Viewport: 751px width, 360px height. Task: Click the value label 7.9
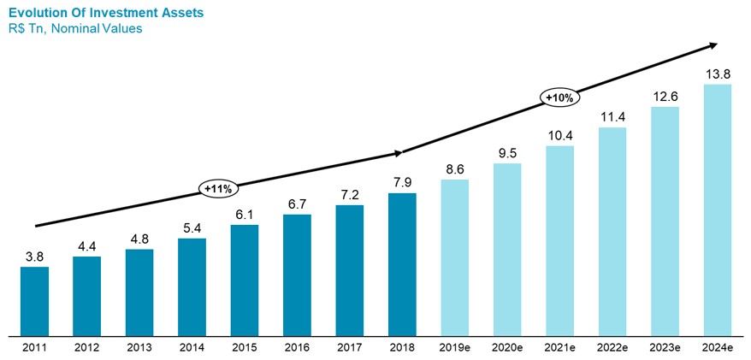click(x=402, y=181)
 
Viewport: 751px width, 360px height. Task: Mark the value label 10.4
click(x=559, y=134)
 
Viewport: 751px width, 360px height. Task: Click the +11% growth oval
click(x=218, y=186)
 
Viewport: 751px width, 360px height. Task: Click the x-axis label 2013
click(x=139, y=347)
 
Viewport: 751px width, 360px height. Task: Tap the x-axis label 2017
click(x=349, y=347)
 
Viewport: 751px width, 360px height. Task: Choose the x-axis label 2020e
click(x=506, y=347)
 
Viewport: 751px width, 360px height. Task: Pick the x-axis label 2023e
click(x=665, y=347)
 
